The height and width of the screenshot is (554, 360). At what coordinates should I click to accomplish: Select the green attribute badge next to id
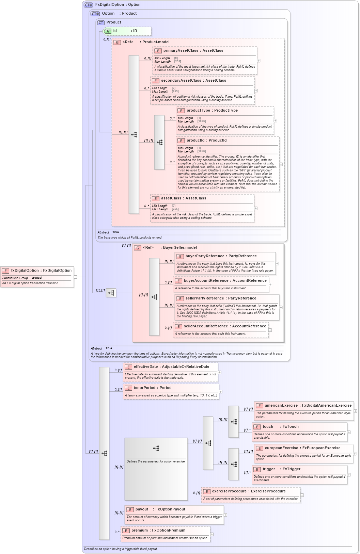tap(108, 31)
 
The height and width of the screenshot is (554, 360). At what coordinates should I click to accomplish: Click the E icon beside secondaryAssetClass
tap(155, 81)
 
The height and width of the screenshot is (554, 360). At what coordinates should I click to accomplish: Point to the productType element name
tap(198, 110)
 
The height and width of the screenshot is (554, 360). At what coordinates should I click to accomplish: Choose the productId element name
tap(195, 140)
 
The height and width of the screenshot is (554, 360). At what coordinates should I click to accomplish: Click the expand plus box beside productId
tap(281, 164)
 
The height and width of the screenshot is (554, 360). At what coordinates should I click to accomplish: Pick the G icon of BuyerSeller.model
tap(138, 248)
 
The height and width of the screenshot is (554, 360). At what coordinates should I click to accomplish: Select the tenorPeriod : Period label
tap(152, 388)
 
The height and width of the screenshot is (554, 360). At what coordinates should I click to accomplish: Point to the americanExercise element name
tap(281, 405)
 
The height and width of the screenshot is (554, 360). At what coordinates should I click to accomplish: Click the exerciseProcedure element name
tap(229, 491)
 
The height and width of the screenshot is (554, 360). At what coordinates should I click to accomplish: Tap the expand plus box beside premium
tap(212, 534)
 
